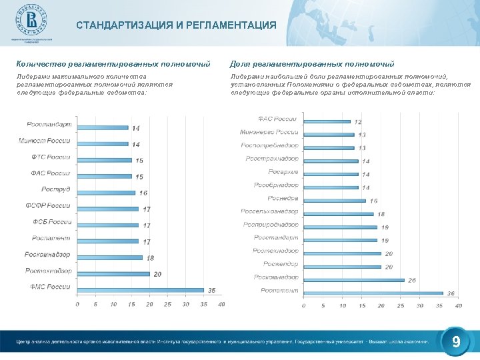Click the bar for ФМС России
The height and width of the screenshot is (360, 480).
point(141,290)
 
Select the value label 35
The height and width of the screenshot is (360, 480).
point(212,291)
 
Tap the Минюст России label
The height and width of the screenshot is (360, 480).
point(45,141)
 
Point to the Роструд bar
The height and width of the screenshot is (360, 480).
point(107,193)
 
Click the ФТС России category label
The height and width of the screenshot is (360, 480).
point(50,157)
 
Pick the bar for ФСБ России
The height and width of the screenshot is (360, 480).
point(108,225)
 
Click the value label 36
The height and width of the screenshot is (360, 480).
point(451,294)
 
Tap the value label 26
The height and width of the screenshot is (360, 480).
point(412,280)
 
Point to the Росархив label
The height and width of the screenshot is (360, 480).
point(283,171)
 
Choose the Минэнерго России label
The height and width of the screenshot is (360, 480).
point(269,132)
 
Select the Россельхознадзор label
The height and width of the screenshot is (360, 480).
point(270,211)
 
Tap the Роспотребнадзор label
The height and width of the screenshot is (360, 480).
point(270,145)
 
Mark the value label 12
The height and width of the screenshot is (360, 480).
point(358,122)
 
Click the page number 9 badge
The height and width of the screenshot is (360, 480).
point(456,342)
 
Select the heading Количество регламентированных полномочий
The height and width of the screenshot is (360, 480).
point(113,64)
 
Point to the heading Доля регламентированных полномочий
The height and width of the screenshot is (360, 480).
point(312,64)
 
